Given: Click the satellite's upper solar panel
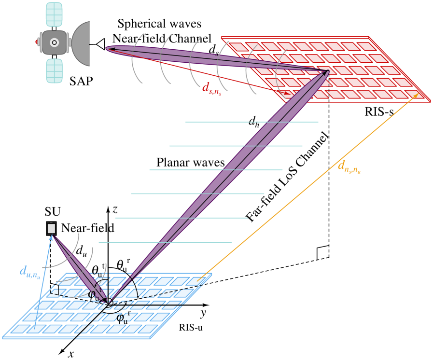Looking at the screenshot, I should click(x=54, y=14).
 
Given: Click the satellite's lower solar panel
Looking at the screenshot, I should click(x=54, y=70).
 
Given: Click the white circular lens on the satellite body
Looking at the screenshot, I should click(x=54, y=42).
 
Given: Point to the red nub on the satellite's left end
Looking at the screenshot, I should click(x=37, y=42).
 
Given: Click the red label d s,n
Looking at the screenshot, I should click(x=211, y=88).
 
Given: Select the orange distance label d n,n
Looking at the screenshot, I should click(x=349, y=167).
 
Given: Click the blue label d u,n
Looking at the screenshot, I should click(x=29, y=272).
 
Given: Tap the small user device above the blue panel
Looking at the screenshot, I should click(x=51, y=228).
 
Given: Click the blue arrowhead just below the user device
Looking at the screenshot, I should click(x=51, y=238).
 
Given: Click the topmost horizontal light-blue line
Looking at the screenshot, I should click(x=251, y=122).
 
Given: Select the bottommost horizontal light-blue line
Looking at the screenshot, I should click(x=165, y=242).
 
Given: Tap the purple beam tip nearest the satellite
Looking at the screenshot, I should click(x=109, y=48).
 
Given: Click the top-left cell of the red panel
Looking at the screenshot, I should click(x=238, y=47).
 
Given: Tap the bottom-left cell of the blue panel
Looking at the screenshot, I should click(x=21, y=329).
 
